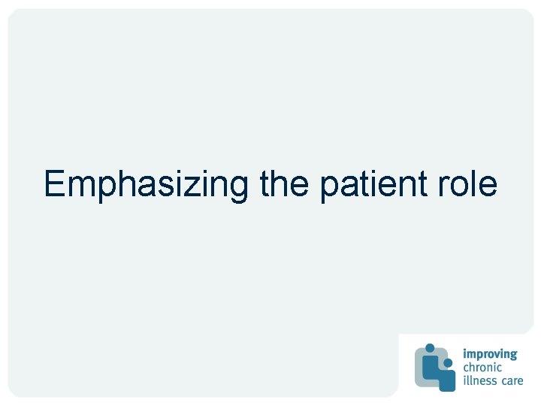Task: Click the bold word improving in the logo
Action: (x=490, y=354)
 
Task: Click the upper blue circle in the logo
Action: (x=429, y=348)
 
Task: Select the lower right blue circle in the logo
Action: (x=448, y=362)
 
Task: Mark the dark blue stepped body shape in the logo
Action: (x=443, y=377)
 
